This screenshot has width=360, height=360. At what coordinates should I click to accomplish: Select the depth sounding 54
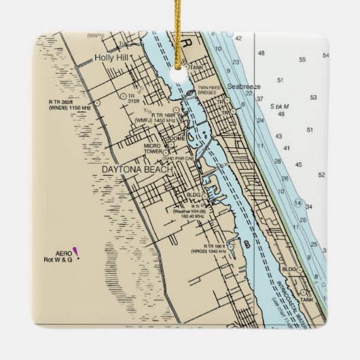pyautogui.click(x=325, y=56)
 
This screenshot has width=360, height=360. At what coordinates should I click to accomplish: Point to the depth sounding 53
pyautogui.click(x=312, y=98)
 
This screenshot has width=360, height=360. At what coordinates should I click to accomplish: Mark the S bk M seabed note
pyautogui.click(x=279, y=107)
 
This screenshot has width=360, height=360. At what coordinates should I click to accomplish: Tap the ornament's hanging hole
pyautogui.click(x=180, y=75)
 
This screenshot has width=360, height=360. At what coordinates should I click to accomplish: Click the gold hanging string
pyautogui.click(x=179, y=34)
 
